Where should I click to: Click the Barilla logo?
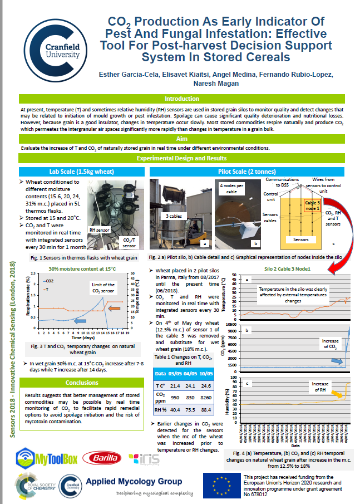(101, 458)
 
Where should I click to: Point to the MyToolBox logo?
(46, 458)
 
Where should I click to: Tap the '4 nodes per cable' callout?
(229, 187)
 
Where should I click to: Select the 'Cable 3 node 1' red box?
(312, 205)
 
